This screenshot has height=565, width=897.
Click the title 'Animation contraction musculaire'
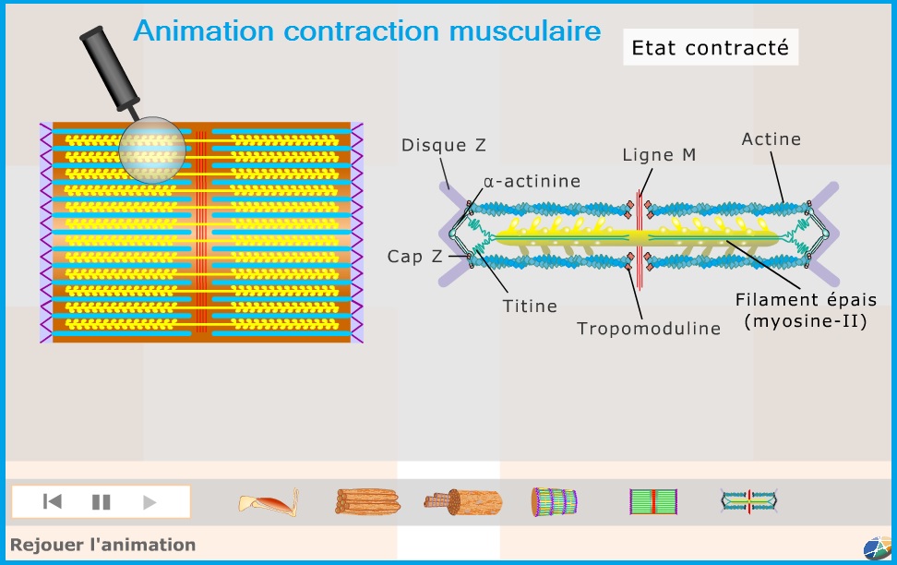(x=366, y=30)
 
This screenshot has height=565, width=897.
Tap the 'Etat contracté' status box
(x=711, y=47)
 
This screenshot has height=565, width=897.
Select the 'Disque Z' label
(x=443, y=145)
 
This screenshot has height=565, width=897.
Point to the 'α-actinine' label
(x=532, y=182)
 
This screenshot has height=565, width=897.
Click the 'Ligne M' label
(x=659, y=155)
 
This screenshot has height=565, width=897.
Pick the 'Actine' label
(x=771, y=139)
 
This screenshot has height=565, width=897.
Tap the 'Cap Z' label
(x=414, y=257)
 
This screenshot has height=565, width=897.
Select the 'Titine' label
(x=530, y=307)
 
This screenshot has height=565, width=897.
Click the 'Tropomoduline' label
(x=648, y=329)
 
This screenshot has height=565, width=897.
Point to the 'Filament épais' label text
(x=806, y=300)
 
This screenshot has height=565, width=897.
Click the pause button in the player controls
(x=102, y=502)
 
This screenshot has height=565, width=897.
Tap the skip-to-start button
(x=52, y=502)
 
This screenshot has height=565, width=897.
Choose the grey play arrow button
(x=149, y=502)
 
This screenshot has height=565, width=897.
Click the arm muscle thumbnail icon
(x=269, y=502)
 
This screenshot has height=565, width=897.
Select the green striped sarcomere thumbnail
(x=653, y=501)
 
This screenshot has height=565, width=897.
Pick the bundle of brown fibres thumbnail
(x=367, y=501)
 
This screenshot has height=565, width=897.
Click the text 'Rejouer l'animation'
(x=103, y=545)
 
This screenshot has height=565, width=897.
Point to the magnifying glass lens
(x=152, y=150)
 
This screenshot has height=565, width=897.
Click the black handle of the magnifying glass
(x=109, y=67)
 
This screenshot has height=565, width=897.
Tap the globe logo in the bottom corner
(x=878, y=547)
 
